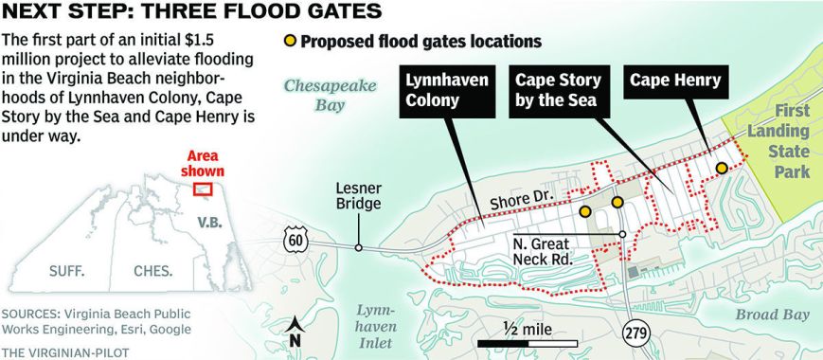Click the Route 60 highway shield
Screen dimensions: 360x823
[x=294, y=240]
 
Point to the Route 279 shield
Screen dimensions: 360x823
[x=635, y=332]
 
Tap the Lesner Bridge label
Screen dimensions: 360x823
[x=358, y=195]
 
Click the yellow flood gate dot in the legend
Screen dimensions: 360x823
[x=291, y=42]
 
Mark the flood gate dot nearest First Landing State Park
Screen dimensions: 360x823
[x=722, y=168]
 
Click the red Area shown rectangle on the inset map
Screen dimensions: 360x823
[x=201, y=188]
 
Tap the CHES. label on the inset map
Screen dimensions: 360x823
[x=152, y=271]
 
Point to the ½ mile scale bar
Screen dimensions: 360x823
[x=525, y=339]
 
